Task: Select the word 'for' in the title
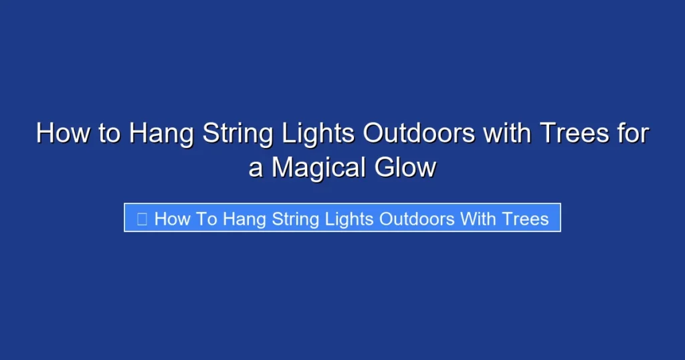(631, 133)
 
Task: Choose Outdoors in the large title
(419, 133)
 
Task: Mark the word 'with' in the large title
(506, 133)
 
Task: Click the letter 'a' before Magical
(256, 167)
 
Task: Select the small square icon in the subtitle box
(142, 219)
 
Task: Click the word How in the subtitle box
(172, 219)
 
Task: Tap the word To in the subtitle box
(207, 219)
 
